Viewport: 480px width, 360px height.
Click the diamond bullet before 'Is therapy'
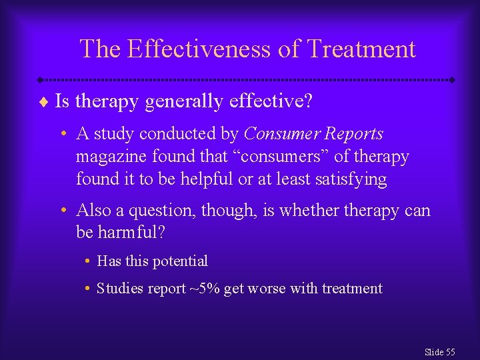point(44,101)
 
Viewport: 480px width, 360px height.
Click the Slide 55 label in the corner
point(439,352)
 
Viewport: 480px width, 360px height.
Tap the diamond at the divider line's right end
point(452,79)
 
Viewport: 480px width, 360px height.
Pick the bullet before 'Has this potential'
point(88,261)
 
